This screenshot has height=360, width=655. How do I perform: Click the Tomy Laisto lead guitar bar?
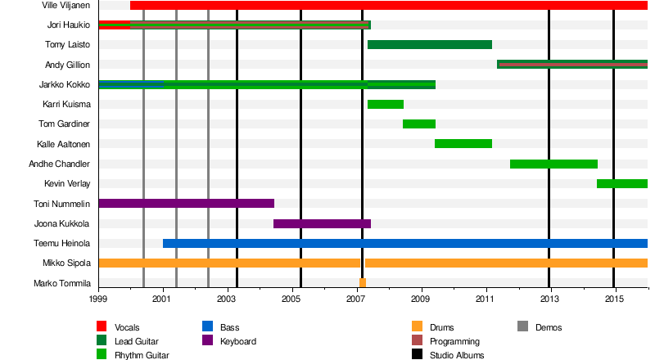[429, 44]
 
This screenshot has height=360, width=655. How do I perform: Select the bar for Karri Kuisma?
[385, 104]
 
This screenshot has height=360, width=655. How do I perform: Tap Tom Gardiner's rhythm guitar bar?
[418, 124]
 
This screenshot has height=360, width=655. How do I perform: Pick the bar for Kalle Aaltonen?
[463, 144]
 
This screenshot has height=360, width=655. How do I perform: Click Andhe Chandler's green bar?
[553, 164]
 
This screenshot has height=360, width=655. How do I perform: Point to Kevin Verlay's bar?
[621, 183]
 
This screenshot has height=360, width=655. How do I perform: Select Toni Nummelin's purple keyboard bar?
[186, 203]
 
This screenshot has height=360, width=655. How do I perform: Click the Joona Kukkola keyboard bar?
[322, 223]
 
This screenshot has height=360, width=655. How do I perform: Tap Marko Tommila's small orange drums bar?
[362, 283]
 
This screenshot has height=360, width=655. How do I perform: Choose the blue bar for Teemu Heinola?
[405, 243]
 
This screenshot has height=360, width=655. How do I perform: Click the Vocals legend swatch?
[102, 327]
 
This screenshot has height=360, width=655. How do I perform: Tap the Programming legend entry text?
[454, 341]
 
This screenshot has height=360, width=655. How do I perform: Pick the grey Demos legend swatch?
[523, 327]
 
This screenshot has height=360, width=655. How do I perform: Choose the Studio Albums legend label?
[457, 355]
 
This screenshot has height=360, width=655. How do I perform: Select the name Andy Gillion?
[68, 65]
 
